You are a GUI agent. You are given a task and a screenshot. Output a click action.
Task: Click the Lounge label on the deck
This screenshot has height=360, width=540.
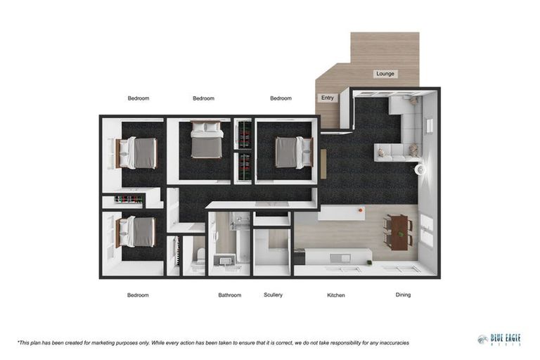385,74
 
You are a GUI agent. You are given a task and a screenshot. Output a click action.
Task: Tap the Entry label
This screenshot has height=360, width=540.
328,98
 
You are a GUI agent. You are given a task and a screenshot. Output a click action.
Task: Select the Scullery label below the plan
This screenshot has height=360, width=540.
273,295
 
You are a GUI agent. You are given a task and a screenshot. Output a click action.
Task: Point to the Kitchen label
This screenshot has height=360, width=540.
336,295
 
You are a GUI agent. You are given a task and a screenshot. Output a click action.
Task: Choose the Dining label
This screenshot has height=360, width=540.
403,295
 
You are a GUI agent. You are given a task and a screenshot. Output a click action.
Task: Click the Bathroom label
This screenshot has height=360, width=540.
230,295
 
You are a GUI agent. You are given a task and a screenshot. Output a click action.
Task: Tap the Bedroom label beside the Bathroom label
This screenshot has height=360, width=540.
138,295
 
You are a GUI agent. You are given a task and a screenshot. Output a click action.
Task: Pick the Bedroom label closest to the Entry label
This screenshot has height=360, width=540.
281,98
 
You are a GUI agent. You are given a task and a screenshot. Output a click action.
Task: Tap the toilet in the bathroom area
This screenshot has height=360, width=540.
200,257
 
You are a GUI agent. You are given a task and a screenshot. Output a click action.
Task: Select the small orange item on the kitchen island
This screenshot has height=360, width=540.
360,210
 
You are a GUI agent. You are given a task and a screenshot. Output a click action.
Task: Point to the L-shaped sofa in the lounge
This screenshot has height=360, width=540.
404,134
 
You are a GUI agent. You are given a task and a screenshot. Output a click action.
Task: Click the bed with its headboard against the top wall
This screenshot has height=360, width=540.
207,140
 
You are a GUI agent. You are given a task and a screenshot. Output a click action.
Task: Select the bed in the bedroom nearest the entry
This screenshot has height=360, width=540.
290,152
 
